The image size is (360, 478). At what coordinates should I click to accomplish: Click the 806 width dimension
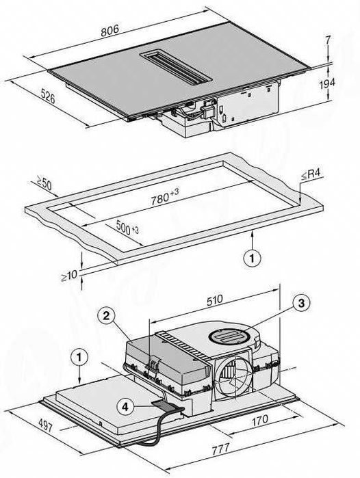click(x=110, y=31)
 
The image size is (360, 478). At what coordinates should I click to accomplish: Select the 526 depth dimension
click(x=48, y=97)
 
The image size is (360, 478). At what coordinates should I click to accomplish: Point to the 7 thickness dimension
click(x=328, y=40)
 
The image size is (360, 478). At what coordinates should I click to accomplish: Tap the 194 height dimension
click(x=327, y=83)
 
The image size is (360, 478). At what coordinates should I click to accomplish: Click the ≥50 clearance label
click(x=44, y=183)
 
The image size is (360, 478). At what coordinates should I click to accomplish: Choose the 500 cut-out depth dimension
click(x=127, y=228)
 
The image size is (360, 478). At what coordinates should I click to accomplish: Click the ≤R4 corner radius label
click(x=311, y=174)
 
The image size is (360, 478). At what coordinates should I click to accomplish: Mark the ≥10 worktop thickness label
click(x=69, y=276)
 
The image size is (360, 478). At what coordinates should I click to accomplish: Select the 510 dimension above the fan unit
click(x=215, y=300)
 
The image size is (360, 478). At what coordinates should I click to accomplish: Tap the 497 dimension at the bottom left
click(x=45, y=425)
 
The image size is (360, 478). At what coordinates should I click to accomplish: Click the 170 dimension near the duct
click(x=260, y=421)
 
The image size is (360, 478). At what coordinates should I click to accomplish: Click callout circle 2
click(x=106, y=316)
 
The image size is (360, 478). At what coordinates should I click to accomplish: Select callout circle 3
click(x=301, y=303)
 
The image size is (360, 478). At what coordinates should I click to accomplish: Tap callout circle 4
click(x=125, y=407)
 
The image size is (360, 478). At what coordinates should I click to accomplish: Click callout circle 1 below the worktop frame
click(x=252, y=258)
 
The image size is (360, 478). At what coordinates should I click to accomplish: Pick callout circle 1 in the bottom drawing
click(x=79, y=357)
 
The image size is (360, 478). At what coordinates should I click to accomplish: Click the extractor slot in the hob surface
click(x=176, y=67)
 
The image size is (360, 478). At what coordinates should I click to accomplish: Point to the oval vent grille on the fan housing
click(x=229, y=336)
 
